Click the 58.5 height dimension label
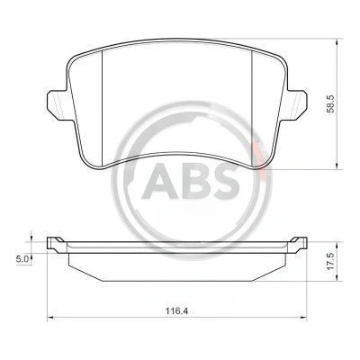330,103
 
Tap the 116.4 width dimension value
176,311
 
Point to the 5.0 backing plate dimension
22,258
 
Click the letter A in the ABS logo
157,181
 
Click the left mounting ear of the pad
58,104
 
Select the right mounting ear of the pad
295,104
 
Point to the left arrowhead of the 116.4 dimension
50,317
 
